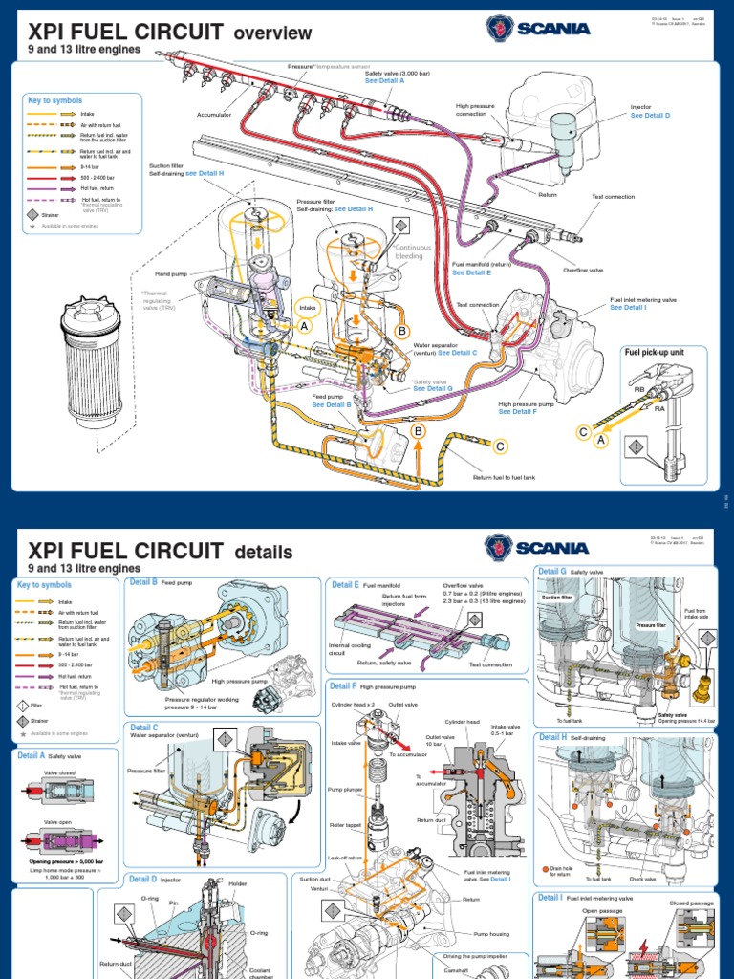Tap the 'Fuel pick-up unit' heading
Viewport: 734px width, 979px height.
(x=656, y=352)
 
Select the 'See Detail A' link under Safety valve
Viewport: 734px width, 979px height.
(x=385, y=81)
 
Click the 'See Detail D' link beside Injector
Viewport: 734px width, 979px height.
(x=650, y=115)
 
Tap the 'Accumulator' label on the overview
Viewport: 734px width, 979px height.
(x=214, y=115)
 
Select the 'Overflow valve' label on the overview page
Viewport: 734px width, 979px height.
(x=583, y=271)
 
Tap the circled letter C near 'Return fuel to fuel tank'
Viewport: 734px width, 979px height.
(x=499, y=446)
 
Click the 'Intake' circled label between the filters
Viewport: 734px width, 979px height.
(x=308, y=308)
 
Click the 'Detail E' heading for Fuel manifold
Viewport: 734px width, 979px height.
(x=344, y=584)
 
